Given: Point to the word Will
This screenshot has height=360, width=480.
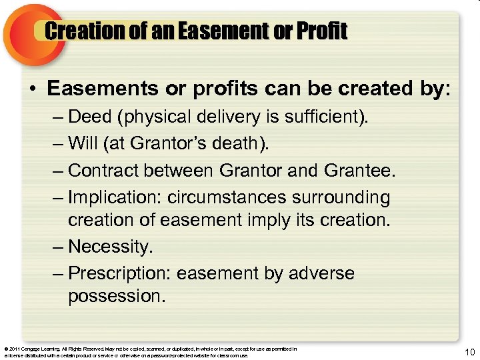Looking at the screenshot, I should coord(83,144).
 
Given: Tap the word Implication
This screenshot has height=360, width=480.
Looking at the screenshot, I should coord(114,198).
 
